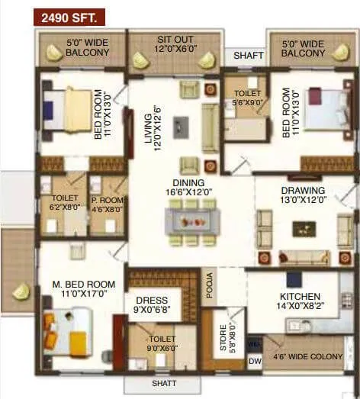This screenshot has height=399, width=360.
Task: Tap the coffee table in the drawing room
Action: (304, 228)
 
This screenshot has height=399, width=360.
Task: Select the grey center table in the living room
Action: (181, 125)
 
